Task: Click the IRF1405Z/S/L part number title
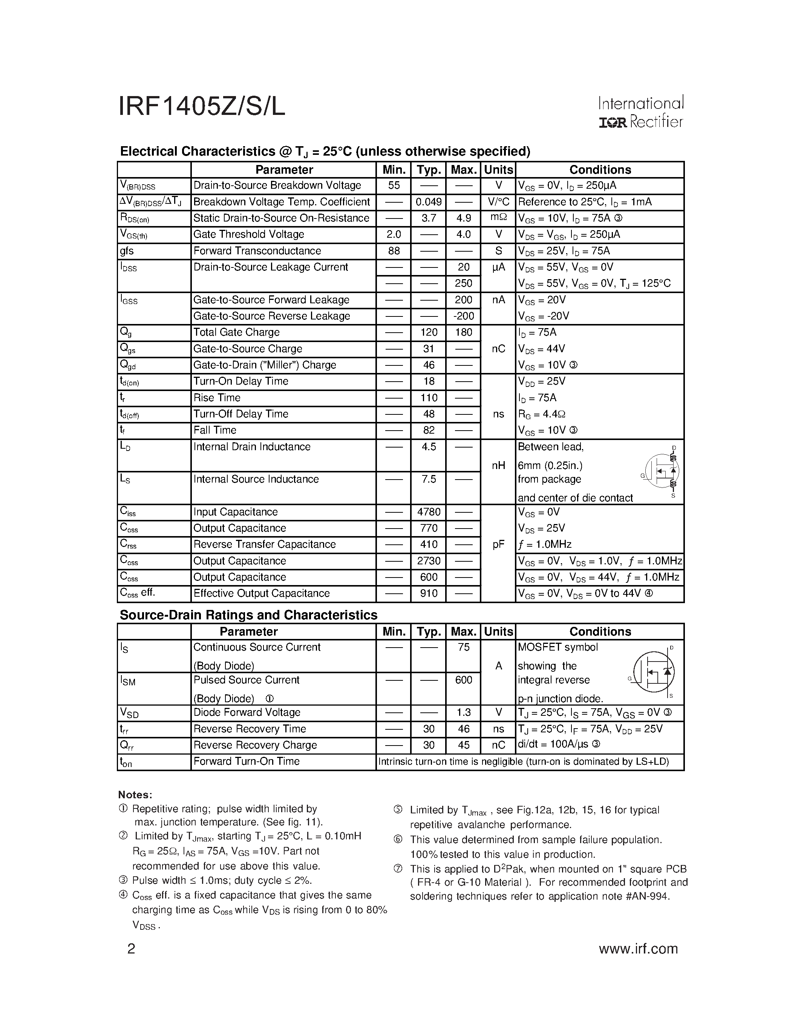[x=202, y=107]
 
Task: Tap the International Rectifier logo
[x=640, y=112]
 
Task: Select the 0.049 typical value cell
[x=429, y=202]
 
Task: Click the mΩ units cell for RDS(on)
[x=498, y=218]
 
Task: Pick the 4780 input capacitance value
[x=429, y=512]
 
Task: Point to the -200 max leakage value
[x=463, y=316]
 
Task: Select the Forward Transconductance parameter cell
[x=257, y=251]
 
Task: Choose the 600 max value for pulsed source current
[x=463, y=680]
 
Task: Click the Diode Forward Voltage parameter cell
[x=247, y=712]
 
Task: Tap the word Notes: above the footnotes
[x=135, y=795]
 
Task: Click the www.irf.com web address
[x=638, y=949]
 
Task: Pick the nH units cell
[x=498, y=466]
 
